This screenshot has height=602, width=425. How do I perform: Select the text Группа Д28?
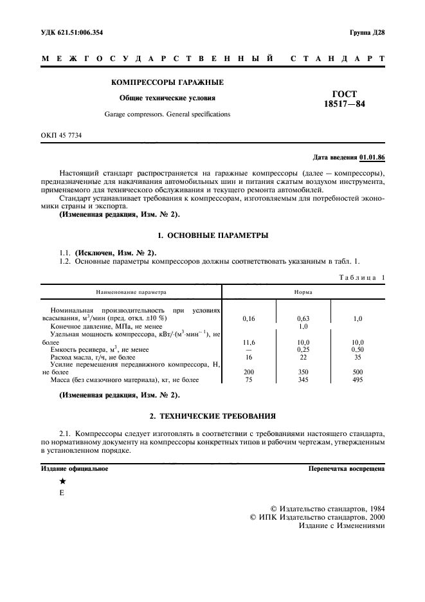point(366,33)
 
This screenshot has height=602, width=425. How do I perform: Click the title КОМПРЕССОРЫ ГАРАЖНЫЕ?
point(167,82)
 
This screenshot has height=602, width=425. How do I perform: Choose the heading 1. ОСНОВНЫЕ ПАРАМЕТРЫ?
point(212,235)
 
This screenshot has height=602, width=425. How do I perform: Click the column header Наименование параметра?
point(131,291)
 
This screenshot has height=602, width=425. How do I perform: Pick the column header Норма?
point(303,291)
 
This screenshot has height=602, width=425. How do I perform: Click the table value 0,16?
point(249,318)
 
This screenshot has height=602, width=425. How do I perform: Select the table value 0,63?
point(303,318)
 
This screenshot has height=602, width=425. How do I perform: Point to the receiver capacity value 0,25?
point(303,349)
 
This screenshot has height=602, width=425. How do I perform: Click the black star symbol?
point(62,482)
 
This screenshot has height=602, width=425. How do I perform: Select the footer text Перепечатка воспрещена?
point(347,469)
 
